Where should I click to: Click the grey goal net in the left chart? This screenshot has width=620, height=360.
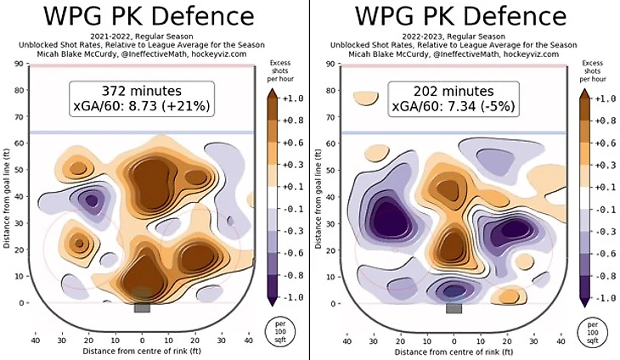point(142,307)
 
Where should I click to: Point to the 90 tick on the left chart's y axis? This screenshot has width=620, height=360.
point(18,64)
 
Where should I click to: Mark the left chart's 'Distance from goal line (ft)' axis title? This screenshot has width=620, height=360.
point(7,187)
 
